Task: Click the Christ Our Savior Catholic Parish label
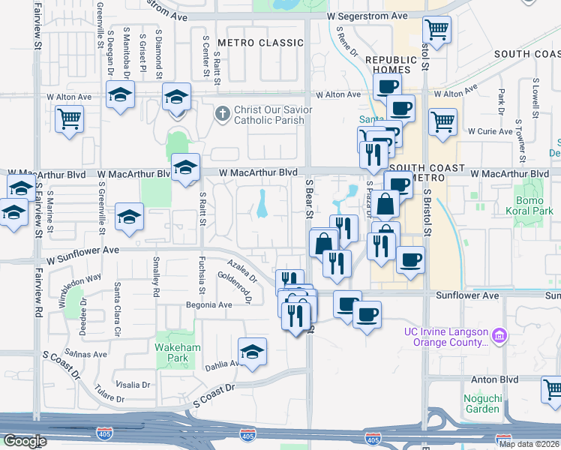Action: coord(269,115)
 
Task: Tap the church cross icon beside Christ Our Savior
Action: coord(222,115)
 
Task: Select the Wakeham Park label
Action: coord(172,353)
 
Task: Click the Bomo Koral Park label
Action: coord(533,206)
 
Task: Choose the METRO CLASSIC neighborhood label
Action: coord(260,43)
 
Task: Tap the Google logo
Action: coord(25,441)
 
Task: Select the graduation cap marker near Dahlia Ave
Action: coord(252,352)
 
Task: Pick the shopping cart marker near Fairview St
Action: coord(69,118)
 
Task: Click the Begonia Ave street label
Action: coord(209,305)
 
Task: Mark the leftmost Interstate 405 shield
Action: coord(103,434)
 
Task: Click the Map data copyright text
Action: coord(529,444)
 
